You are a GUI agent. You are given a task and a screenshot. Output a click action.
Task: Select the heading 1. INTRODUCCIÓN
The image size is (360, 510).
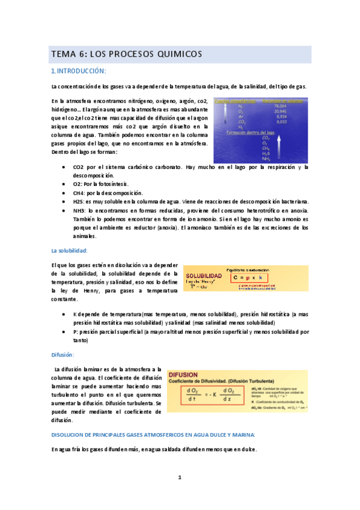78,71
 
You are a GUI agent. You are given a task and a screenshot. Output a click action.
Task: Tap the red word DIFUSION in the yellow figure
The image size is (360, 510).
185,374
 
